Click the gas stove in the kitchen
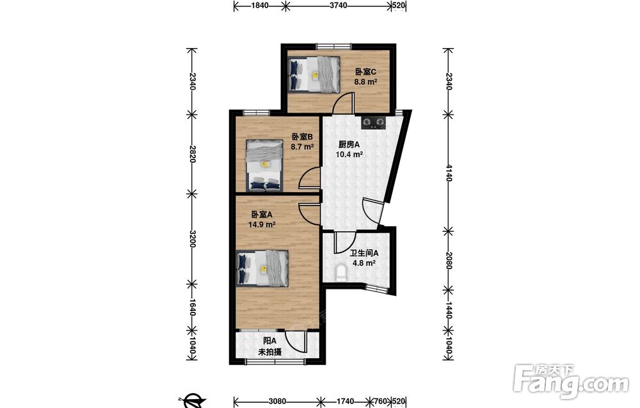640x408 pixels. click(373, 122)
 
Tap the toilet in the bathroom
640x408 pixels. click(340, 273)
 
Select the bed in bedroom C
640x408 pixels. click(314, 74)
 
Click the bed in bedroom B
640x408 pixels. click(264, 165)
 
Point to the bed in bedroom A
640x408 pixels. click(262, 268)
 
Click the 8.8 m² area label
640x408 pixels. click(365, 82)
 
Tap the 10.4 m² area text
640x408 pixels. click(349, 154)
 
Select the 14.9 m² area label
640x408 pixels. click(262, 224)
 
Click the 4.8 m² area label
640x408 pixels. click(364, 263)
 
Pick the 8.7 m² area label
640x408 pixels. click(302, 146)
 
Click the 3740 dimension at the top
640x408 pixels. click(339, 5)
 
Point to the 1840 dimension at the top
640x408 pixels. click(260, 5)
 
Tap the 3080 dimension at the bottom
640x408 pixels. click(278, 402)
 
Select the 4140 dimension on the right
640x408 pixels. click(449, 173)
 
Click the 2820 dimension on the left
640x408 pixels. click(192, 154)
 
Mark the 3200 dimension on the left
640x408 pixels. click(192, 238)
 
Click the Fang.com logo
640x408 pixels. click(571, 382)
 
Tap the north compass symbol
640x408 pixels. click(192, 401)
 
